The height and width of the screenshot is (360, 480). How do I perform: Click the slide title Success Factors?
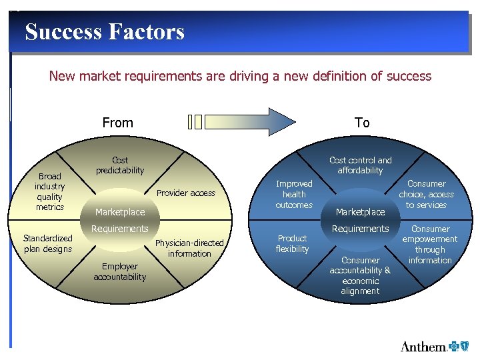(x=105, y=31)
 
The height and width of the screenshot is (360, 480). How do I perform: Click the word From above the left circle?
(x=117, y=123)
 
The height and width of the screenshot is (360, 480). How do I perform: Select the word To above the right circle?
(x=362, y=123)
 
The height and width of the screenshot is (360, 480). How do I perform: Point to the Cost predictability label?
(x=120, y=165)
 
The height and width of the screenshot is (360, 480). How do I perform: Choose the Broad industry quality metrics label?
(x=50, y=191)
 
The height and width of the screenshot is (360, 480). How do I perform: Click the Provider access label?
(x=185, y=193)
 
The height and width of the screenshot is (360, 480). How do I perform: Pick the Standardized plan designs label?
(x=47, y=243)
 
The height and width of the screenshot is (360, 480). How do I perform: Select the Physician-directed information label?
(x=189, y=248)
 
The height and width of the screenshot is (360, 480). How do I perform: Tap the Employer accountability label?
(x=120, y=271)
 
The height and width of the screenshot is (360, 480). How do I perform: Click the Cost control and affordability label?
(x=361, y=165)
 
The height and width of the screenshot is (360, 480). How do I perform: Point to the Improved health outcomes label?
(x=294, y=194)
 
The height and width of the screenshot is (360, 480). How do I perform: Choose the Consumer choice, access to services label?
(x=426, y=194)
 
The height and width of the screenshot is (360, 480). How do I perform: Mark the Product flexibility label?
(x=293, y=243)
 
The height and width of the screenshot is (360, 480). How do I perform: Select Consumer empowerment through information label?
(x=430, y=244)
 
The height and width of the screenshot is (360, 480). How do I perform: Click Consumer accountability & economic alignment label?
(x=360, y=275)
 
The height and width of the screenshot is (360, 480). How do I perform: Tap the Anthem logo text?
(x=423, y=347)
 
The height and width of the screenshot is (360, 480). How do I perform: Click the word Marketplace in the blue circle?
(x=360, y=212)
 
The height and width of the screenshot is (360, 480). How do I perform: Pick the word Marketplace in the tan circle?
(x=120, y=212)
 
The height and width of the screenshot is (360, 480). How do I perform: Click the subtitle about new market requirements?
(x=240, y=76)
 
